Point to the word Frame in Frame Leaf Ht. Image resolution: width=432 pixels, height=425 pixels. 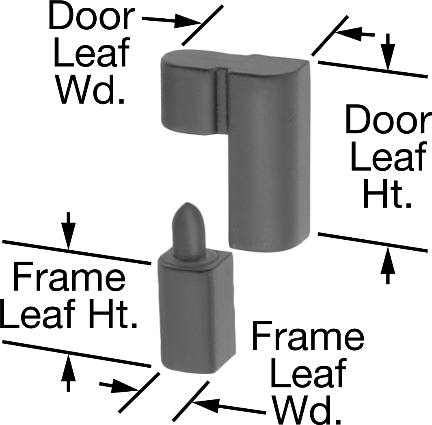(x=69, y=278)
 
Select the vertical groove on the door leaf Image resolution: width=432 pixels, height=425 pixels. (x=222, y=102)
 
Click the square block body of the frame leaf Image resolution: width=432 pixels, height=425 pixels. (x=197, y=314)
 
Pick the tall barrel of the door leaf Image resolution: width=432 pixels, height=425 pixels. (x=270, y=154)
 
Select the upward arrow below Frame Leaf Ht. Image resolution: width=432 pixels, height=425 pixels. (x=68, y=372)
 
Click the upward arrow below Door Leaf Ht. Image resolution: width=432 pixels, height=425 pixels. (x=388, y=265)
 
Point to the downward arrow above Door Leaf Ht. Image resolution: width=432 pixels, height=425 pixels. (x=388, y=52)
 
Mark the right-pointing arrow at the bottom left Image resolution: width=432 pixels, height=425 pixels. (x=119, y=386)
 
